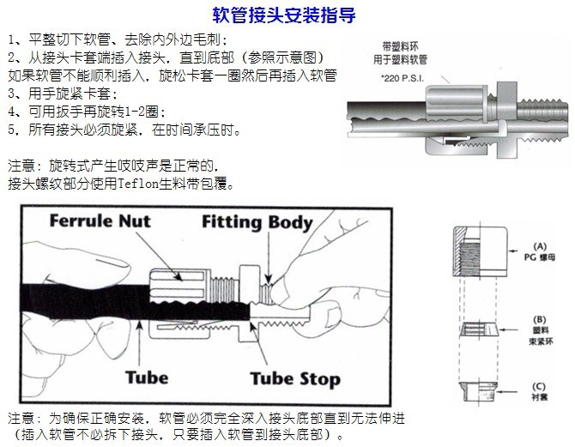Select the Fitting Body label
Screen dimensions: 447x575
[x=257, y=222]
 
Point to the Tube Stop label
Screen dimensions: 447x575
[x=294, y=378]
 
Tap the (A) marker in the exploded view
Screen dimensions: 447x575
[x=540, y=245]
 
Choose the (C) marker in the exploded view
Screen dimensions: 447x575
[x=540, y=386]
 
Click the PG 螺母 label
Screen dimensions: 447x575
[x=540, y=257]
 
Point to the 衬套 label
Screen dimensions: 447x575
[x=540, y=398]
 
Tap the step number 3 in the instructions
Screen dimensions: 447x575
[x=11, y=94]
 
